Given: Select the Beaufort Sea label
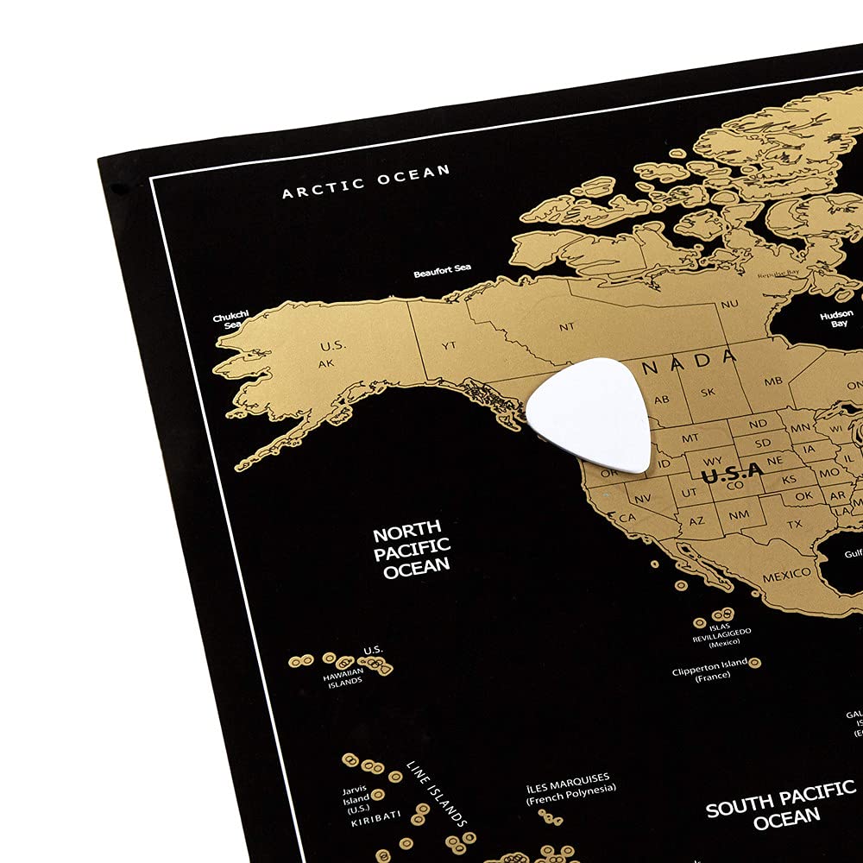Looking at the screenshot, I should (x=442, y=272).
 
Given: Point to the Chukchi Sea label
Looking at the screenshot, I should (x=228, y=321).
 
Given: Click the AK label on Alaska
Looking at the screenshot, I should (x=326, y=363).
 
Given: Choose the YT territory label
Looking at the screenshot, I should (x=449, y=345).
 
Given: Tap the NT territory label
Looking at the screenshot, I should (x=566, y=326).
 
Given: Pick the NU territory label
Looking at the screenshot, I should (x=729, y=304).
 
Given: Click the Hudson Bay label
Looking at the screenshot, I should (x=837, y=318).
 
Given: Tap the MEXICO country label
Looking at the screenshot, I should (x=785, y=574).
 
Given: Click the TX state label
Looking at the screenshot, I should (x=794, y=524).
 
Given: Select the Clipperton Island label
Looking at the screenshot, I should (x=710, y=669).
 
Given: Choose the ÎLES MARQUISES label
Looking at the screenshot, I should (x=571, y=783).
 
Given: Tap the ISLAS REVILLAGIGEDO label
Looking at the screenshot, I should (x=721, y=636).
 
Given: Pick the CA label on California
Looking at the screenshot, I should (x=627, y=517).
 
